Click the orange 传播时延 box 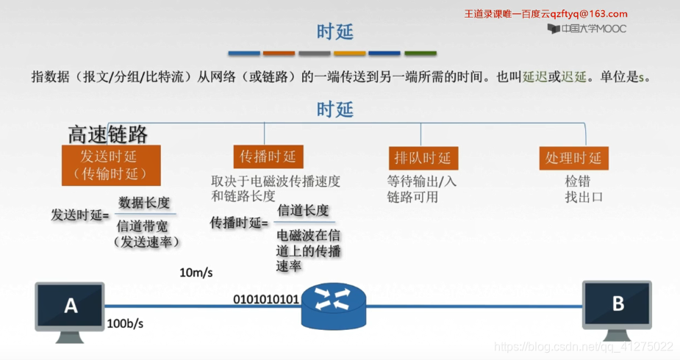[x=268, y=156]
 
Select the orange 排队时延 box [x=423, y=158]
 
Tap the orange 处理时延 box [x=573, y=158]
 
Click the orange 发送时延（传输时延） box [x=111, y=165]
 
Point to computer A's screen [x=70, y=306]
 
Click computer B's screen [x=617, y=303]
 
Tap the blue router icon [x=334, y=306]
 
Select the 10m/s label [x=196, y=273]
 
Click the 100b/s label [x=125, y=323]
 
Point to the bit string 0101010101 [x=266, y=299]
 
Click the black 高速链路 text [x=107, y=134]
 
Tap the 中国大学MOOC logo [x=587, y=29]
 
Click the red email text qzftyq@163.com [x=589, y=14]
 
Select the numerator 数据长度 [x=144, y=203]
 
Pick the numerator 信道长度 [x=303, y=211]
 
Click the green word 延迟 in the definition [x=534, y=77]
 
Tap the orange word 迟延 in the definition [x=573, y=77]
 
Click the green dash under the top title [x=420, y=54]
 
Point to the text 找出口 [x=584, y=197]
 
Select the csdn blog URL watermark [x=583, y=347]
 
